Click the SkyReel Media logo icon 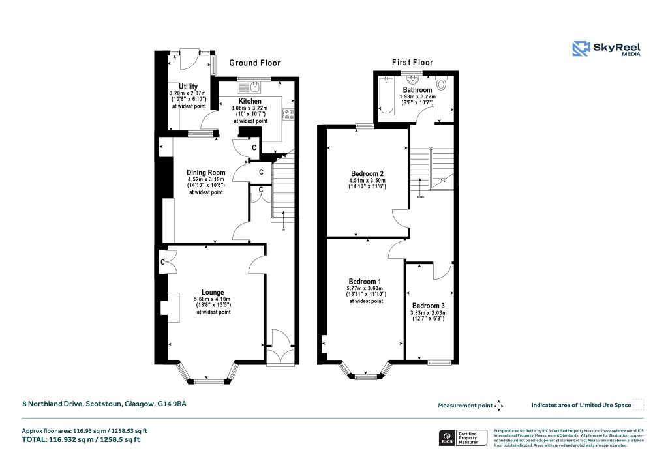click(x=581, y=49)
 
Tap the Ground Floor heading click(x=254, y=63)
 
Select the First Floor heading click(x=412, y=63)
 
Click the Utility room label click(x=189, y=87)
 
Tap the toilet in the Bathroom click(x=441, y=84)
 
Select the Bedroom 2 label click(x=367, y=173)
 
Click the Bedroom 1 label click(x=365, y=281)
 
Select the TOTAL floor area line click(x=81, y=439)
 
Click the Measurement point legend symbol click(x=499, y=406)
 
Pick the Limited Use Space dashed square click(x=639, y=405)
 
